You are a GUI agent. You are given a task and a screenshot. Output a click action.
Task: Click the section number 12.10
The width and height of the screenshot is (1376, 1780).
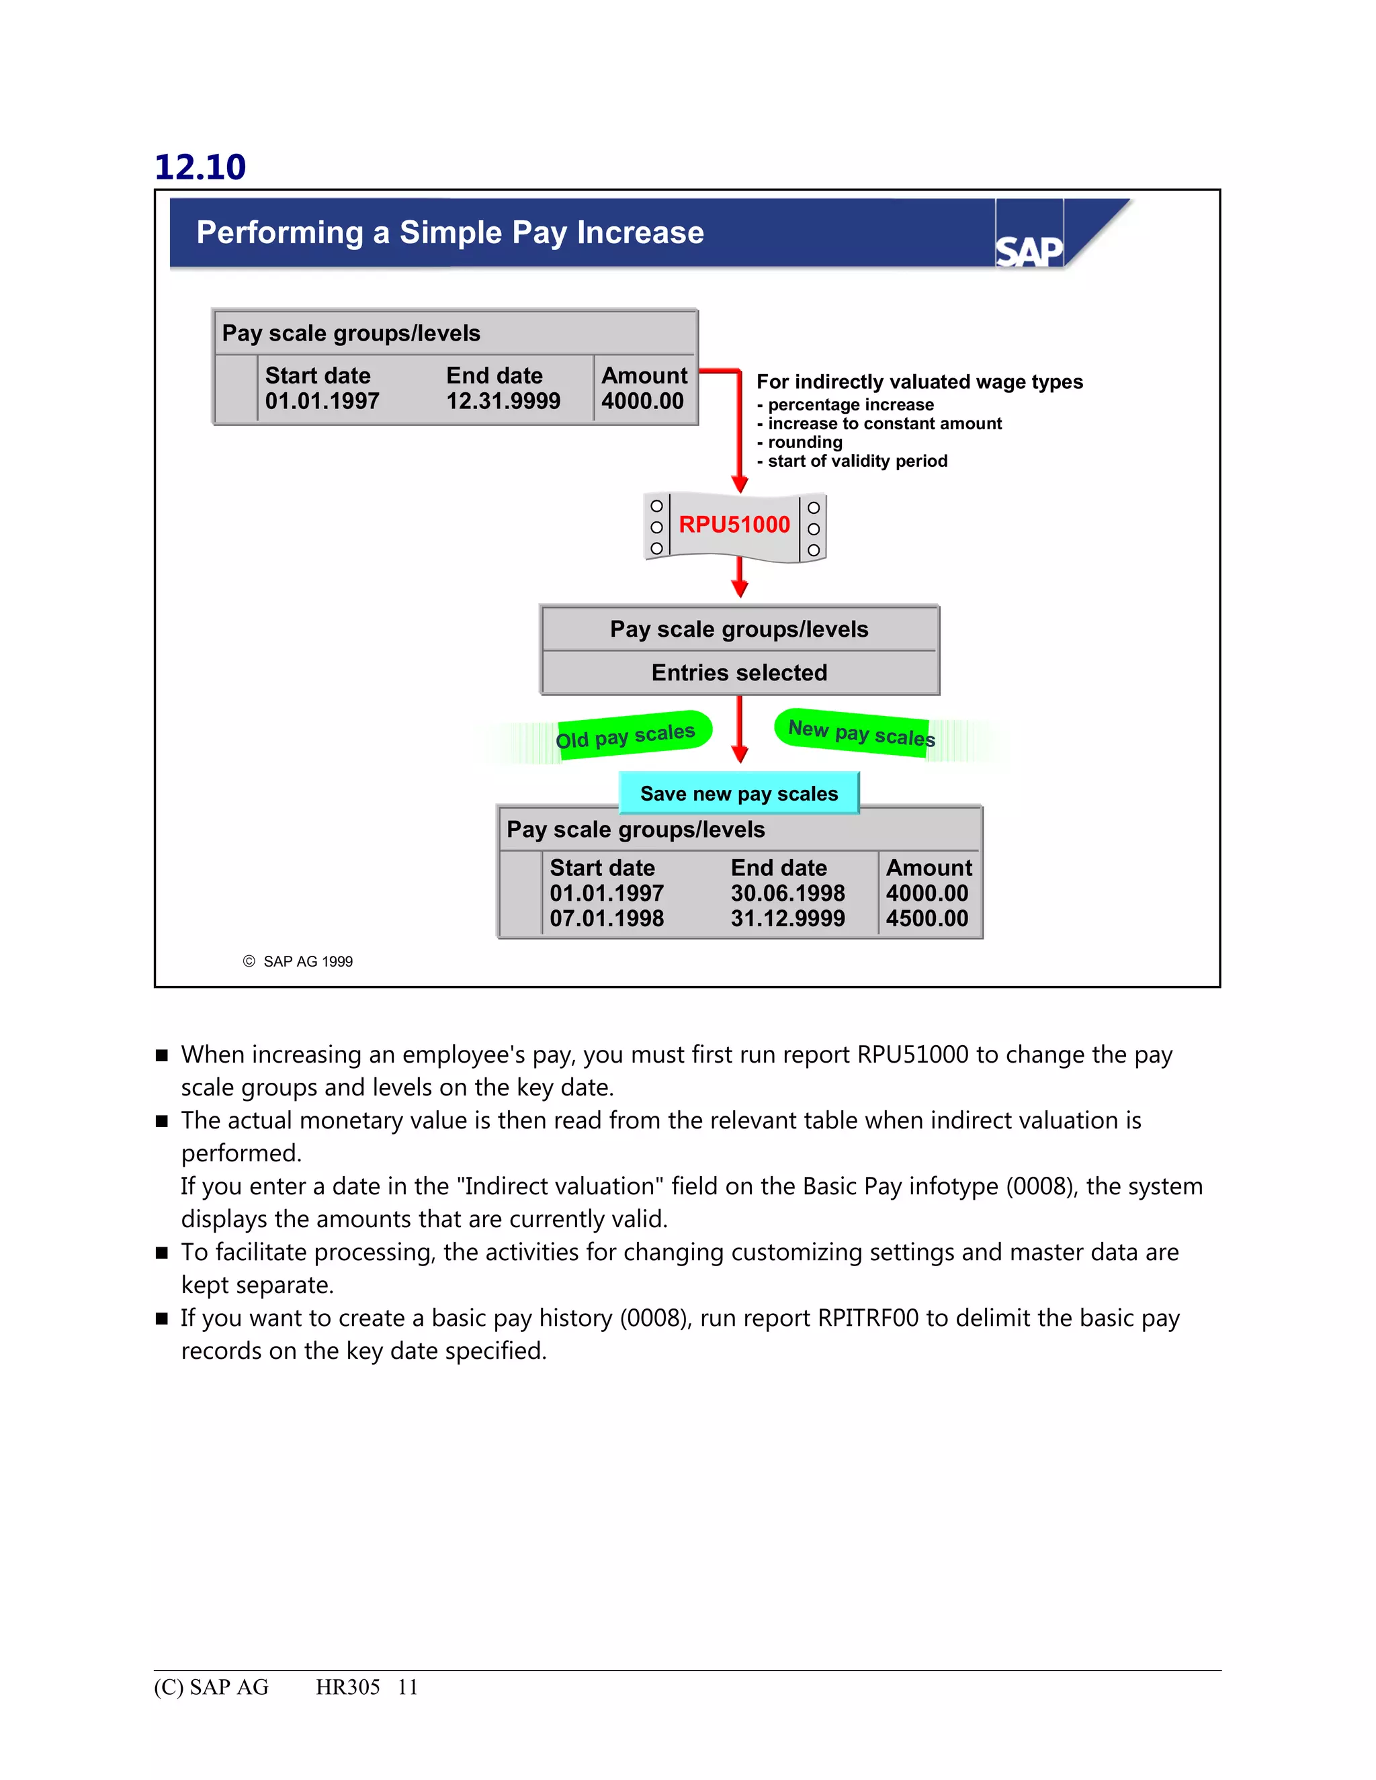point(200,167)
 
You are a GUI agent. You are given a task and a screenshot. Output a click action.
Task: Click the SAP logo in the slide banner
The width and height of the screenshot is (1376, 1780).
point(1029,251)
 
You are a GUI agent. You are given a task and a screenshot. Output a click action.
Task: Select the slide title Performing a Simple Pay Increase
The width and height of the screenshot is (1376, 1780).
point(450,233)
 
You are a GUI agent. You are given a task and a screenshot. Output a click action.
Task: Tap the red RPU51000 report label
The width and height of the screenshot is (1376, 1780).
point(734,525)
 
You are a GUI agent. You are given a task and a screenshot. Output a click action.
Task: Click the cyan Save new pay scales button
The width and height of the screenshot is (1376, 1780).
point(738,794)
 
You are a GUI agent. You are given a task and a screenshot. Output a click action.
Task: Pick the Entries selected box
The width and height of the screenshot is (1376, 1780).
point(739,673)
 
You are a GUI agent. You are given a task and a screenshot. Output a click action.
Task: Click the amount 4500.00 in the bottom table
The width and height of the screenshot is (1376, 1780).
point(927,918)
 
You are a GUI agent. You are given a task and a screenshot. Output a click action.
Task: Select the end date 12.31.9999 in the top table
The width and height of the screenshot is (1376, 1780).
point(503,401)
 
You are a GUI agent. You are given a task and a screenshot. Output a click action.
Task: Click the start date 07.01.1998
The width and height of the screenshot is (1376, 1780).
point(607,918)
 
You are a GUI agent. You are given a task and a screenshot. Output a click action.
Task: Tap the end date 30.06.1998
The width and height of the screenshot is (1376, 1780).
point(787,893)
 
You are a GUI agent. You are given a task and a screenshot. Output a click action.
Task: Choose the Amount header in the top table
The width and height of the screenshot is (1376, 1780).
point(644,375)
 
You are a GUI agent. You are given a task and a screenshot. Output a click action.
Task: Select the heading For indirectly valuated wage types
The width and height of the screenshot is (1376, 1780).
point(920,382)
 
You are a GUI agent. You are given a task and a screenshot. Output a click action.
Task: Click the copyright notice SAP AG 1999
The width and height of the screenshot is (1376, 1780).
point(307,962)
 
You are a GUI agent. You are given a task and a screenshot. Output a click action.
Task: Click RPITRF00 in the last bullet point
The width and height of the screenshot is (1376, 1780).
point(868,1318)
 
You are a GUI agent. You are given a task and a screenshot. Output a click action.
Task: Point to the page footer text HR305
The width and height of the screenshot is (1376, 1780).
point(348,1687)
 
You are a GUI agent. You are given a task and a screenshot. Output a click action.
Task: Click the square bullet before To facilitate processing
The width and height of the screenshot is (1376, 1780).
point(162,1253)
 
